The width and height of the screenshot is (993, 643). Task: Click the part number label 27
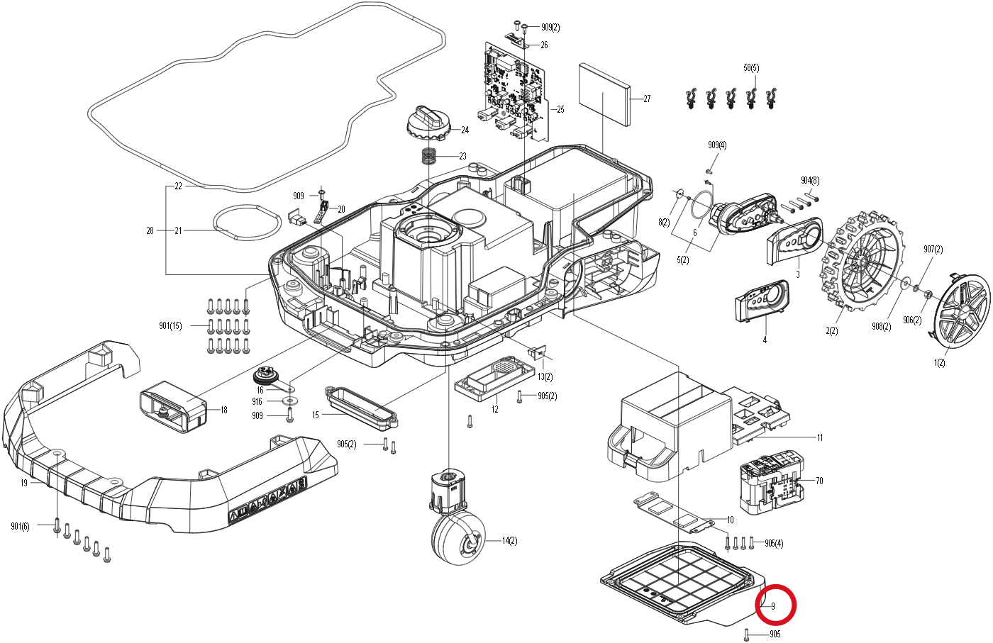(x=647, y=99)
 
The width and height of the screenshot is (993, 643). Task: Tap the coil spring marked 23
(x=429, y=155)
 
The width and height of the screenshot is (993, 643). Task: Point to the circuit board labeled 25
(x=514, y=91)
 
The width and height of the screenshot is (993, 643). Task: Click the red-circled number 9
(x=773, y=606)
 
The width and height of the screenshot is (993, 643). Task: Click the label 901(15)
(x=171, y=326)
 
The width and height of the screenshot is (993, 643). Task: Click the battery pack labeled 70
(x=772, y=482)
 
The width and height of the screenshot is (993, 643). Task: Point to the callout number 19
(x=24, y=483)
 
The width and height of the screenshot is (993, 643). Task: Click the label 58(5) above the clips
(x=751, y=68)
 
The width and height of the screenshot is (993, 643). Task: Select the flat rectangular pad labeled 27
(x=604, y=94)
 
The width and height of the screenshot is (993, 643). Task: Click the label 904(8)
(x=810, y=181)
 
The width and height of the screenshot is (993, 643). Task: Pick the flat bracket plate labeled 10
(x=674, y=513)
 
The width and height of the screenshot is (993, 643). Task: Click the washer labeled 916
(x=290, y=401)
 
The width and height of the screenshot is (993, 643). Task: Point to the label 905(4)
(x=774, y=543)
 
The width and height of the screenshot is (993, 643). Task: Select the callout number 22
(x=178, y=186)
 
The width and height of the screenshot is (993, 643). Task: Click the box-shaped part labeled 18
(x=174, y=407)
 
